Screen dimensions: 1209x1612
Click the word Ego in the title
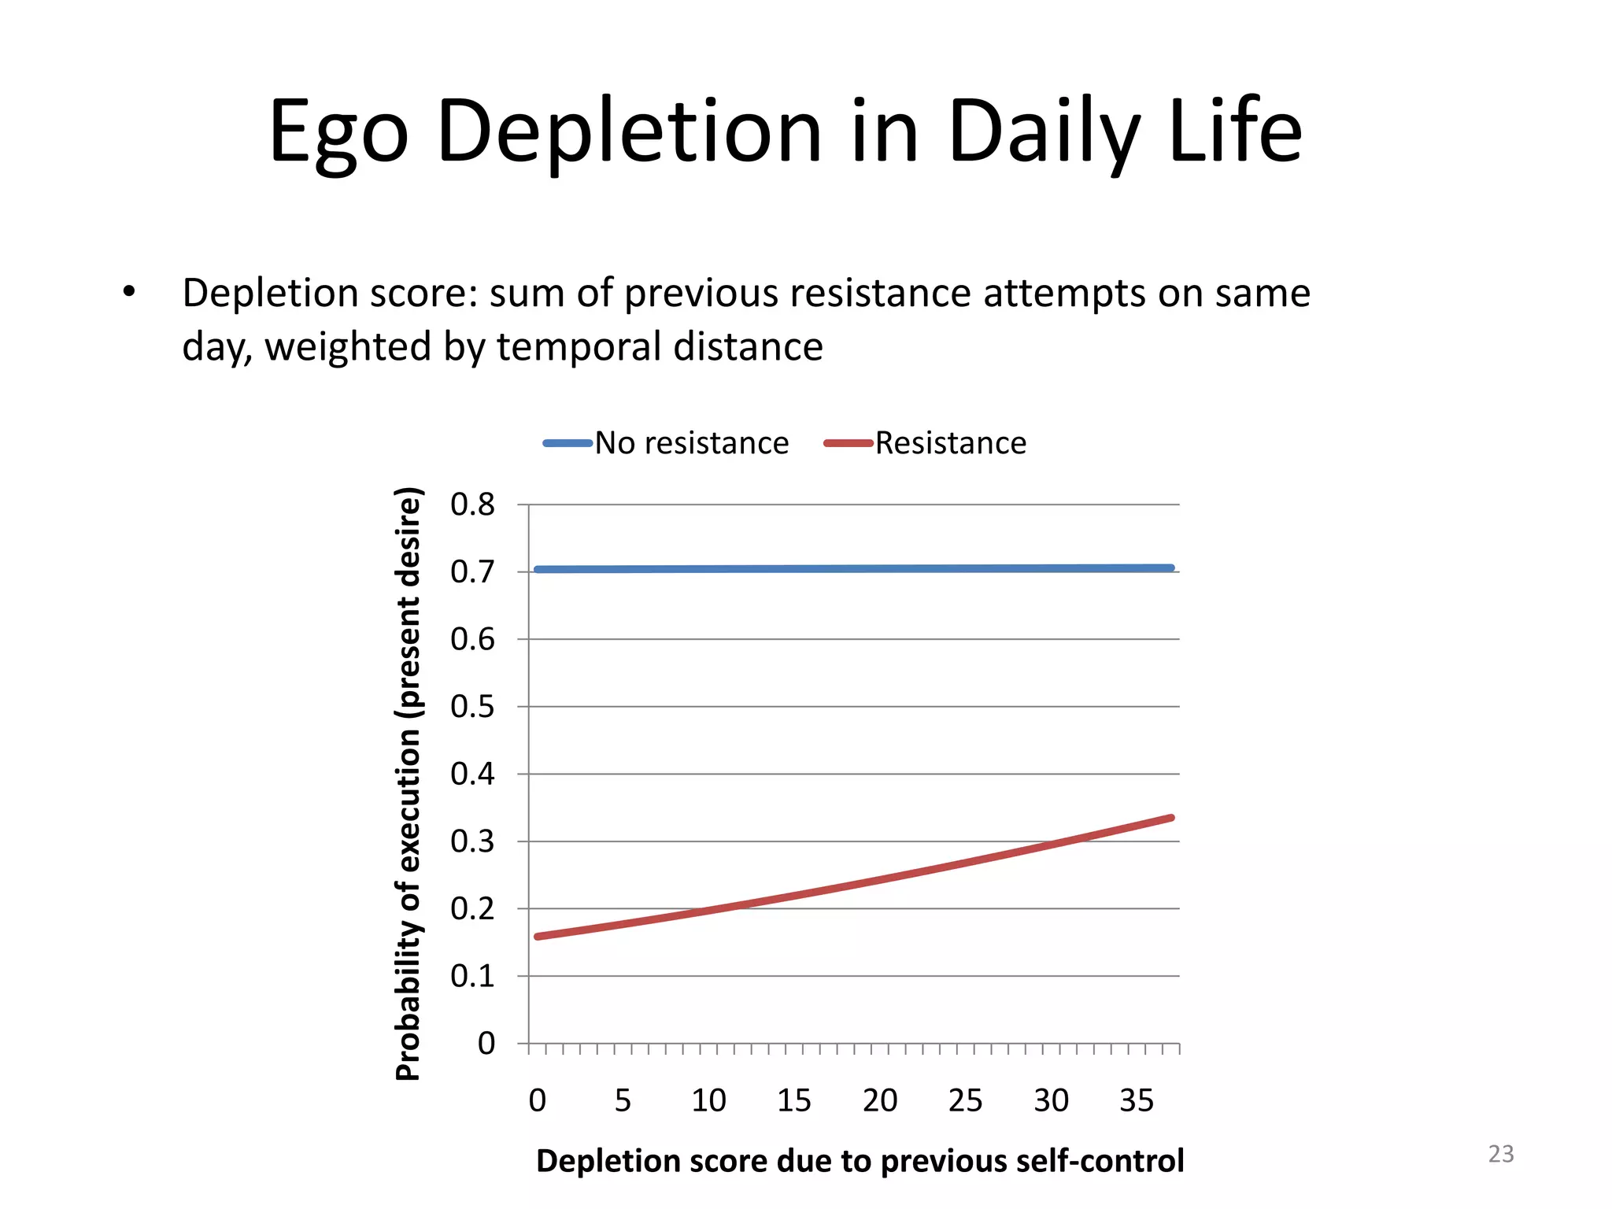click(x=338, y=132)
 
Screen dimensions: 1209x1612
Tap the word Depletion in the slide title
click(x=629, y=132)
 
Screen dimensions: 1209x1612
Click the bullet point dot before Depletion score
click(x=129, y=293)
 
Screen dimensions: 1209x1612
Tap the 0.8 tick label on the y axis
click(x=472, y=505)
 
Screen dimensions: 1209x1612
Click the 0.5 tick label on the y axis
click(x=472, y=707)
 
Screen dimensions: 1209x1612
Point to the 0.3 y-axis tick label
click(x=472, y=841)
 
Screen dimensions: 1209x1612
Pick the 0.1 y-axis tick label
click(x=472, y=976)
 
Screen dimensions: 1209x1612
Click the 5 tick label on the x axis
click(x=623, y=1100)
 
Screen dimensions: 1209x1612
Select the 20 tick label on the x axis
click(x=879, y=1100)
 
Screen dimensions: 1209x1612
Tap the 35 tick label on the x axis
click(x=1137, y=1100)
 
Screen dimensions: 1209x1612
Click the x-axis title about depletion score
click(x=860, y=1161)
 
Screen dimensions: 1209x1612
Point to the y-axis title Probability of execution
click(x=408, y=784)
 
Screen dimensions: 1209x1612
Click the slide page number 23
click(x=1501, y=1154)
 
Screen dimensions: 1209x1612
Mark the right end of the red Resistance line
click(x=1172, y=818)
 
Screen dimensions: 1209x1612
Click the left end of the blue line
click(x=537, y=569)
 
